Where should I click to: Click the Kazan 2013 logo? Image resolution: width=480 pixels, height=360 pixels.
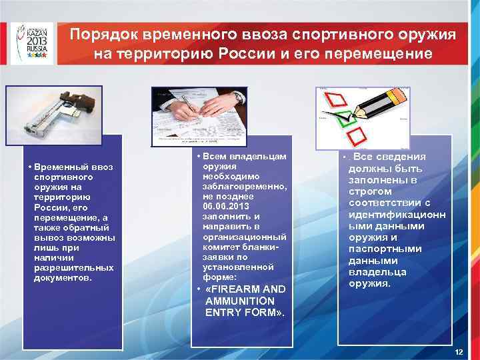pos(31,42)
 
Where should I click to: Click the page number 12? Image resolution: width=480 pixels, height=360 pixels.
pos(457,351)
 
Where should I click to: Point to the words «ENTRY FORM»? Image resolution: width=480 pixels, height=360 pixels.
pos(245,312)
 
